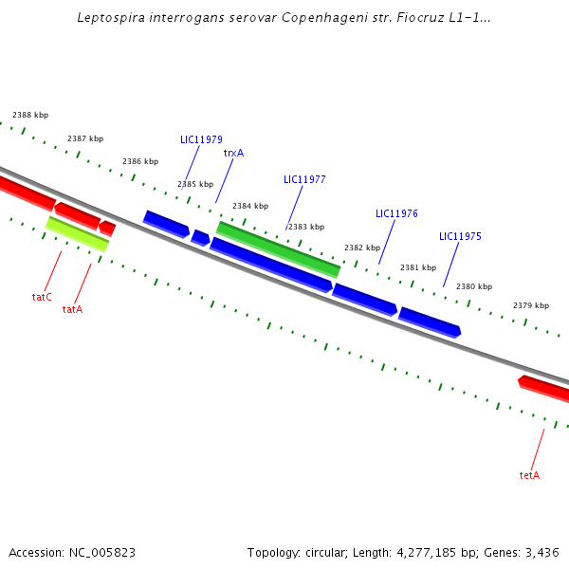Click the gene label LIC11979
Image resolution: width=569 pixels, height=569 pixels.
click(x=201, y=140)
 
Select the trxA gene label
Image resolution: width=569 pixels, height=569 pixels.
click(x=233, y=153)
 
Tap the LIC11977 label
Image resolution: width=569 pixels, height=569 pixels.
click(x=304, y=179)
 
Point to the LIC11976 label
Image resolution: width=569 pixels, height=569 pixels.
click(x=396, y=214)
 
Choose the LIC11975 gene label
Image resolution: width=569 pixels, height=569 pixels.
click(x=460, y=236)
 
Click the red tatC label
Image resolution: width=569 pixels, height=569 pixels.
click(x=42, y=297)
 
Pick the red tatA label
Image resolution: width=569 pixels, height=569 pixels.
click(x=72, y=309)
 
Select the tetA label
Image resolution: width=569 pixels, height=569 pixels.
click(x=529, y=475)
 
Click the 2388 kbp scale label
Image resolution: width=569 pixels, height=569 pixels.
click(x=30, y=115)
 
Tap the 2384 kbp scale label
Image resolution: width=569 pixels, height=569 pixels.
click(x=250, y=206)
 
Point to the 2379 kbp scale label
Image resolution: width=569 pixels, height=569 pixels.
click(x=531, y=305)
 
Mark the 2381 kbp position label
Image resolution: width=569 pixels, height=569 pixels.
click(x=418, y=267)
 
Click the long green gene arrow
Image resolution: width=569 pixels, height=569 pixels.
click(x=278, y=249)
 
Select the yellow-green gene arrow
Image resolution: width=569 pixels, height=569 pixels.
click(x=78, y=234)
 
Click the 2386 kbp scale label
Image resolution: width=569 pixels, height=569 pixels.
click(x=140, y=162)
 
